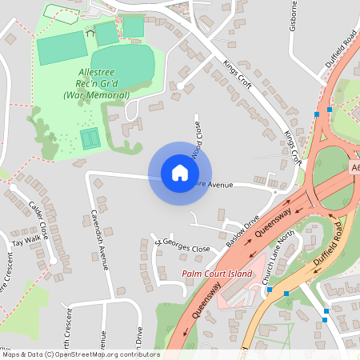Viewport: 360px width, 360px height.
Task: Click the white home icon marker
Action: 180,173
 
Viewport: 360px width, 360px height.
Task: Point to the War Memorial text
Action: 97,95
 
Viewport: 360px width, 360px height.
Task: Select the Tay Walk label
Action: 26,240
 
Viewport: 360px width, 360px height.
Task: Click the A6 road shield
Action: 354,168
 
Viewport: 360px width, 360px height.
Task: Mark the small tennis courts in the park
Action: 89,138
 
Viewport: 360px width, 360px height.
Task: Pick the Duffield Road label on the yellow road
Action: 330,248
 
